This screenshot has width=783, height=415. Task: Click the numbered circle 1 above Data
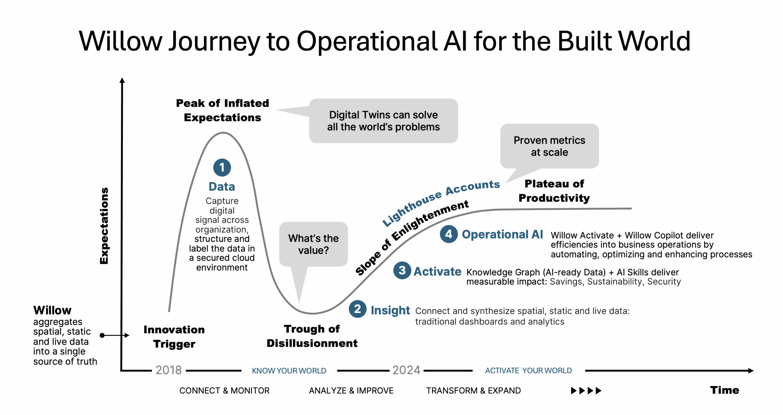pos(222,167)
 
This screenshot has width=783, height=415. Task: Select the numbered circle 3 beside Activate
pos(402,270)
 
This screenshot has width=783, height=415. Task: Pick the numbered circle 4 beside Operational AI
pos(448,234)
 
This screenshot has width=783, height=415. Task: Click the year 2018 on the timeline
pos(169,370)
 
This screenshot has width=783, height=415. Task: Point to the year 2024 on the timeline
pos(406,370)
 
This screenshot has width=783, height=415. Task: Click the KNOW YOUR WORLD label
pos(289,371)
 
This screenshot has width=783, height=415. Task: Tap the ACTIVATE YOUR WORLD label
pos(528,370)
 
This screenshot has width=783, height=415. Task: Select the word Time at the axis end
pos(724,390)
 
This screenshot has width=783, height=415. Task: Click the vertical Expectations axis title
pos(104,226)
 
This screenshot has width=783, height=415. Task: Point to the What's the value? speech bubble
pos(313,244)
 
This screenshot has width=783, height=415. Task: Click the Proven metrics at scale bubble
pos(549,146)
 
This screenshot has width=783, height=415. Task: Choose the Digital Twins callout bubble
pos(383,121)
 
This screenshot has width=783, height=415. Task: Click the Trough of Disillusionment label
pos(312,336)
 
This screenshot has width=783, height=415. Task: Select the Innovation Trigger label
pos(174,336)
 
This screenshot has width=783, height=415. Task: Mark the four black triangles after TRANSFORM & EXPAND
pos(586,390)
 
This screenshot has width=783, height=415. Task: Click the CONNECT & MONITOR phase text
pos(224,390)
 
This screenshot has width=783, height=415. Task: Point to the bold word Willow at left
pos(52,310)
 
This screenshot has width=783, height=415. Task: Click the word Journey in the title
pos(214,41)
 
